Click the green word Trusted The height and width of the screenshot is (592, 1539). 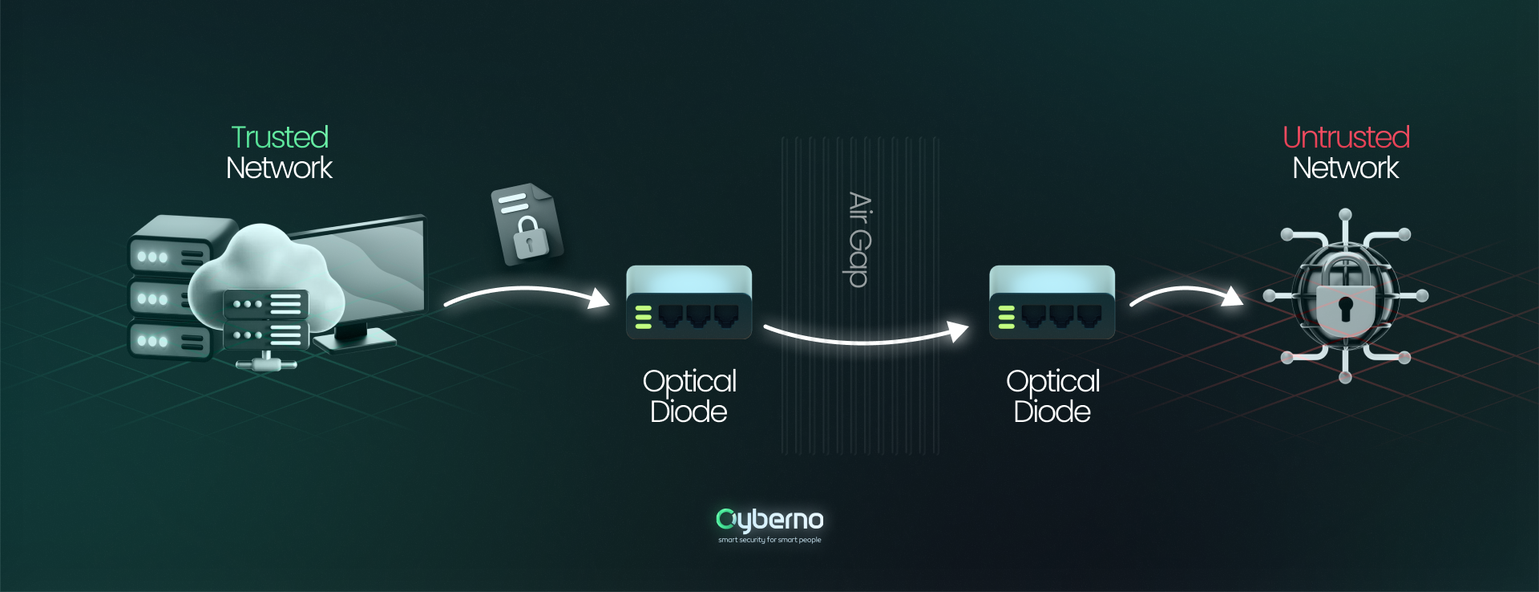[280, 137]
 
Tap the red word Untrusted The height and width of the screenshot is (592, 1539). [1346, 137]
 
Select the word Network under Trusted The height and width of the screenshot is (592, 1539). [279, 168]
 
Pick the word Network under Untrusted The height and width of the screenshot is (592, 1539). [1345, 168]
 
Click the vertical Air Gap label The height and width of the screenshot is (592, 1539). [859, 239]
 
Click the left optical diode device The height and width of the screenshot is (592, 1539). [689, 302]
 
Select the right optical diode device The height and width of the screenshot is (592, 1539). [1052, 302]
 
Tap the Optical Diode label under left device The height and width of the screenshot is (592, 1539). [689, 396]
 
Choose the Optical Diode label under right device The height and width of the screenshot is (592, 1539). [1052, 396]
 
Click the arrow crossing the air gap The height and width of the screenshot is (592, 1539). [866, 337]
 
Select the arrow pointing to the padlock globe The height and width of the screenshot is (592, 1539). [1186, 294]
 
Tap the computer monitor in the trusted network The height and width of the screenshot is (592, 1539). [377, 265]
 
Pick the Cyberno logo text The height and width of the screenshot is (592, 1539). [769, 520]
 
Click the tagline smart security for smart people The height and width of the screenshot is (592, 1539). [769, 540]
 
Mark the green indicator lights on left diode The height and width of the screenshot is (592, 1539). [643, 317]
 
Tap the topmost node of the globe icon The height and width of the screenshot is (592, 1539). [1346, 214]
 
